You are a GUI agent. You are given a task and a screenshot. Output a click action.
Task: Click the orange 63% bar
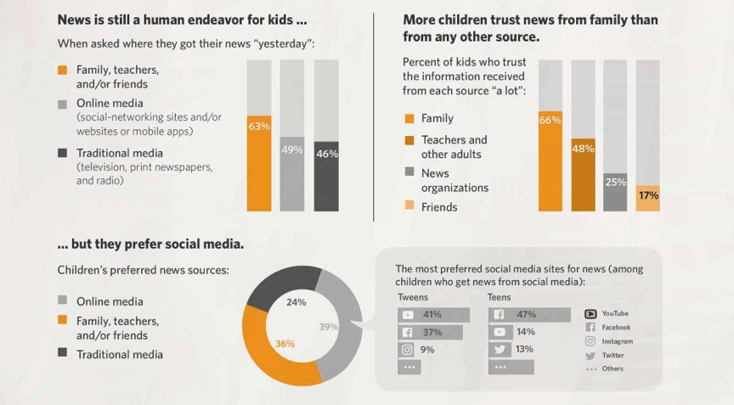(x=259, y=163)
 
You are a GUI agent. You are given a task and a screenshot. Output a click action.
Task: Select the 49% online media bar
(x=292, y=174)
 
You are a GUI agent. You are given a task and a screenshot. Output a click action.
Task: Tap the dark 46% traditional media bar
(x=326, y=177)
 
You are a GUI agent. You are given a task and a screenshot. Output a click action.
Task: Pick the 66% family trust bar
(x=550, y=161)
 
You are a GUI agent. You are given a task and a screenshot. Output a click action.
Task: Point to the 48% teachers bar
(x=583, y=175)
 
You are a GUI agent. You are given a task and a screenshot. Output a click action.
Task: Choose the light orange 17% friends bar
(x=647, y=198)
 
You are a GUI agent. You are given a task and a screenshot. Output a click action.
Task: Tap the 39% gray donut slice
(x=340, y=327)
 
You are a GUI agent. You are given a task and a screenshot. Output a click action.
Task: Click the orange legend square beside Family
(x=409, y=119)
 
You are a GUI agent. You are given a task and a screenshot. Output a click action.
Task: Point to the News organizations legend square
(x=409, y=173)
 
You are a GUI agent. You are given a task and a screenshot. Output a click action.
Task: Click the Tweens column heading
(x=413, y=298)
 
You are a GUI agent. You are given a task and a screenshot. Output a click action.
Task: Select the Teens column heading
(x=499, y=298)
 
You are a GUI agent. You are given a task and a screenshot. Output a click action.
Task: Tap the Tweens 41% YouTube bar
(x=433, y=315)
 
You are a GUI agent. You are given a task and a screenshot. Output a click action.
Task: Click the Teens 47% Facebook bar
(x=530, y=315)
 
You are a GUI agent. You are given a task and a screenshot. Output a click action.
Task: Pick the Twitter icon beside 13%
(x=500, y=350)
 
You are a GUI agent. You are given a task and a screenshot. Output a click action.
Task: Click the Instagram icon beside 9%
(x=408, y=350)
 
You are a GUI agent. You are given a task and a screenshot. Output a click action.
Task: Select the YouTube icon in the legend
(x=590, y=313)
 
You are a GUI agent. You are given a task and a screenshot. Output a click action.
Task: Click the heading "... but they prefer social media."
(x=150, y=244)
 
